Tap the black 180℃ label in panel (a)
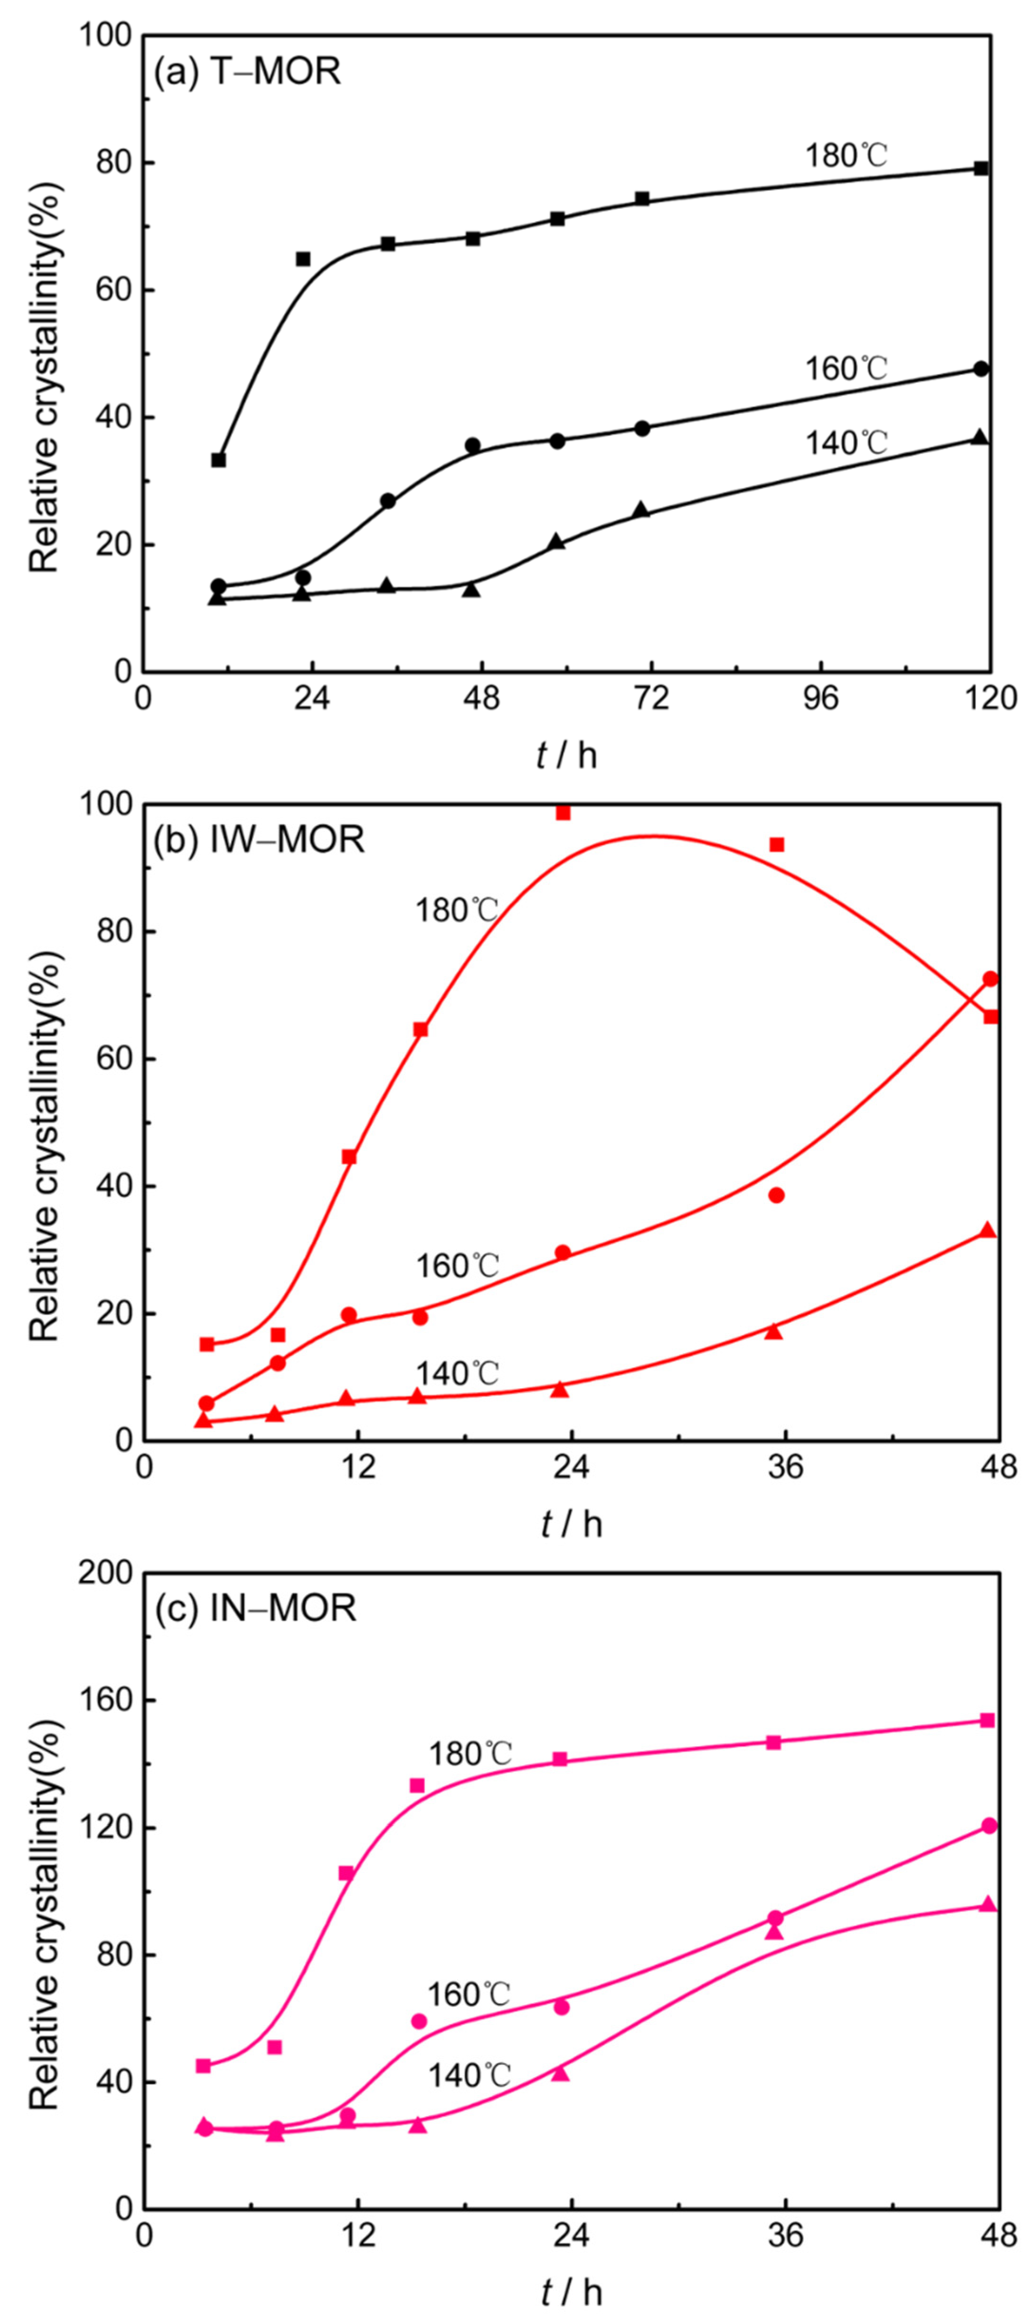point(847,156)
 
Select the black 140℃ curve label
point(847,443)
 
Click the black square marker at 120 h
point(981,169)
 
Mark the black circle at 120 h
point(981,369)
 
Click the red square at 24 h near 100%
point(563,813)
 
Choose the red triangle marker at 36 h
point(773,1331)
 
